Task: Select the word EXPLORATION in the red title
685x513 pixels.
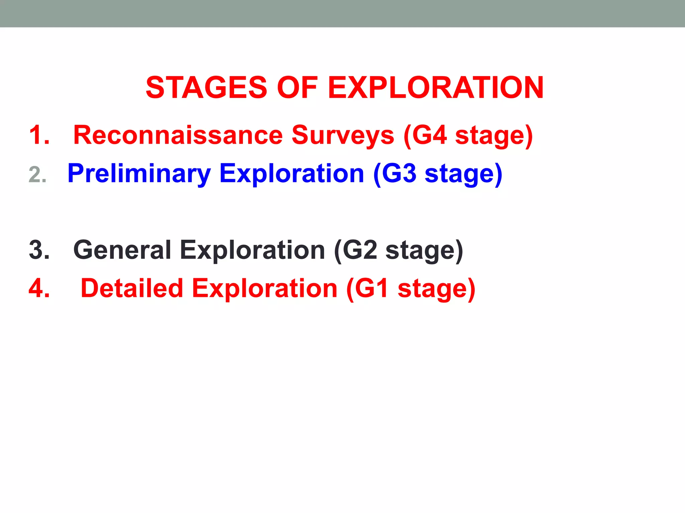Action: [x=435, y=88]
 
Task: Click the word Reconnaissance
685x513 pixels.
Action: [x=178, y=135]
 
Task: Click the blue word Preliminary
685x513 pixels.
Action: [x=139, y=174]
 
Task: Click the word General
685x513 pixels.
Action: [x=122, y=250]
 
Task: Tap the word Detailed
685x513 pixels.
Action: [x=132, y=288]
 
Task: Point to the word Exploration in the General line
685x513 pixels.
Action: [x=253, y=250]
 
